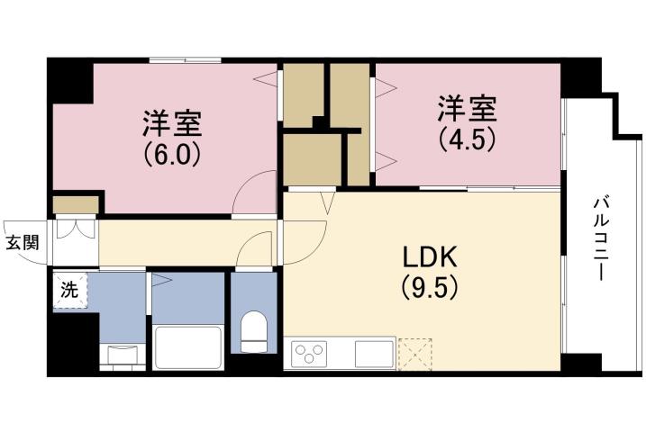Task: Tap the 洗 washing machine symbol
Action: tap(69, 292)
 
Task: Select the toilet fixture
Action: tap(255, 332)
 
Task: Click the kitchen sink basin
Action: tap(373, 354)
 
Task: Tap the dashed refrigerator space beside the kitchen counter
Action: tap(415, 353)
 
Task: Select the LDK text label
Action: tap(431, 258)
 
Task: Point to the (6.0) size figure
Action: tap(170, 153)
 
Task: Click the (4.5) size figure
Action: tap(468, 140)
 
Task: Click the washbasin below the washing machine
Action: tap(121, 353)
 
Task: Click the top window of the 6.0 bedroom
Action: tap(185, 60)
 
